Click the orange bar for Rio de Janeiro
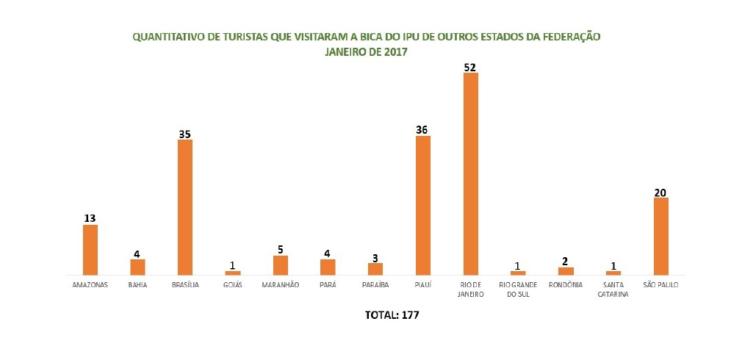point(471,174)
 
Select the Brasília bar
point(185,207)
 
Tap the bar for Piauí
point(423,205)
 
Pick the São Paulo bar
point(661,237)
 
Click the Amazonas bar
point(90,250)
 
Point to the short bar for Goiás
point(233,273)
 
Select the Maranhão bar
point(280,265)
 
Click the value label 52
point(470,67)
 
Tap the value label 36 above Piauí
point(422,130)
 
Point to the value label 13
point(90,219)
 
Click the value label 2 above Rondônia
point(566,262)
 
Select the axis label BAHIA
point(137,285)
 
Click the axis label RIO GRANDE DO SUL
point(518,289)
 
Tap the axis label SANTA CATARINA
point(613,289)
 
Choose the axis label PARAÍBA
point(375,285)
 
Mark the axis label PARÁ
point(328,285)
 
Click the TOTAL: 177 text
point(392,315)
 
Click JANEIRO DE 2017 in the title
point(366,53)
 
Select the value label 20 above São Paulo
point(661,192)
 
